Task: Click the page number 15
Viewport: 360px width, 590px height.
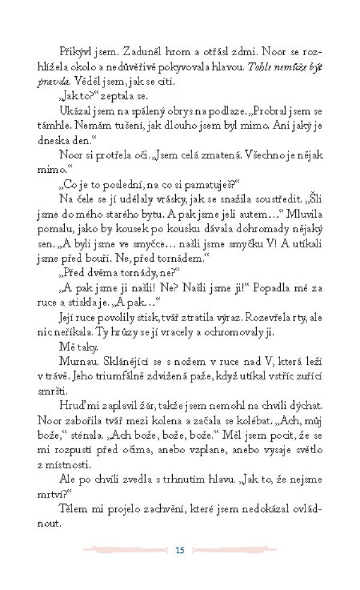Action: point(179,550)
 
